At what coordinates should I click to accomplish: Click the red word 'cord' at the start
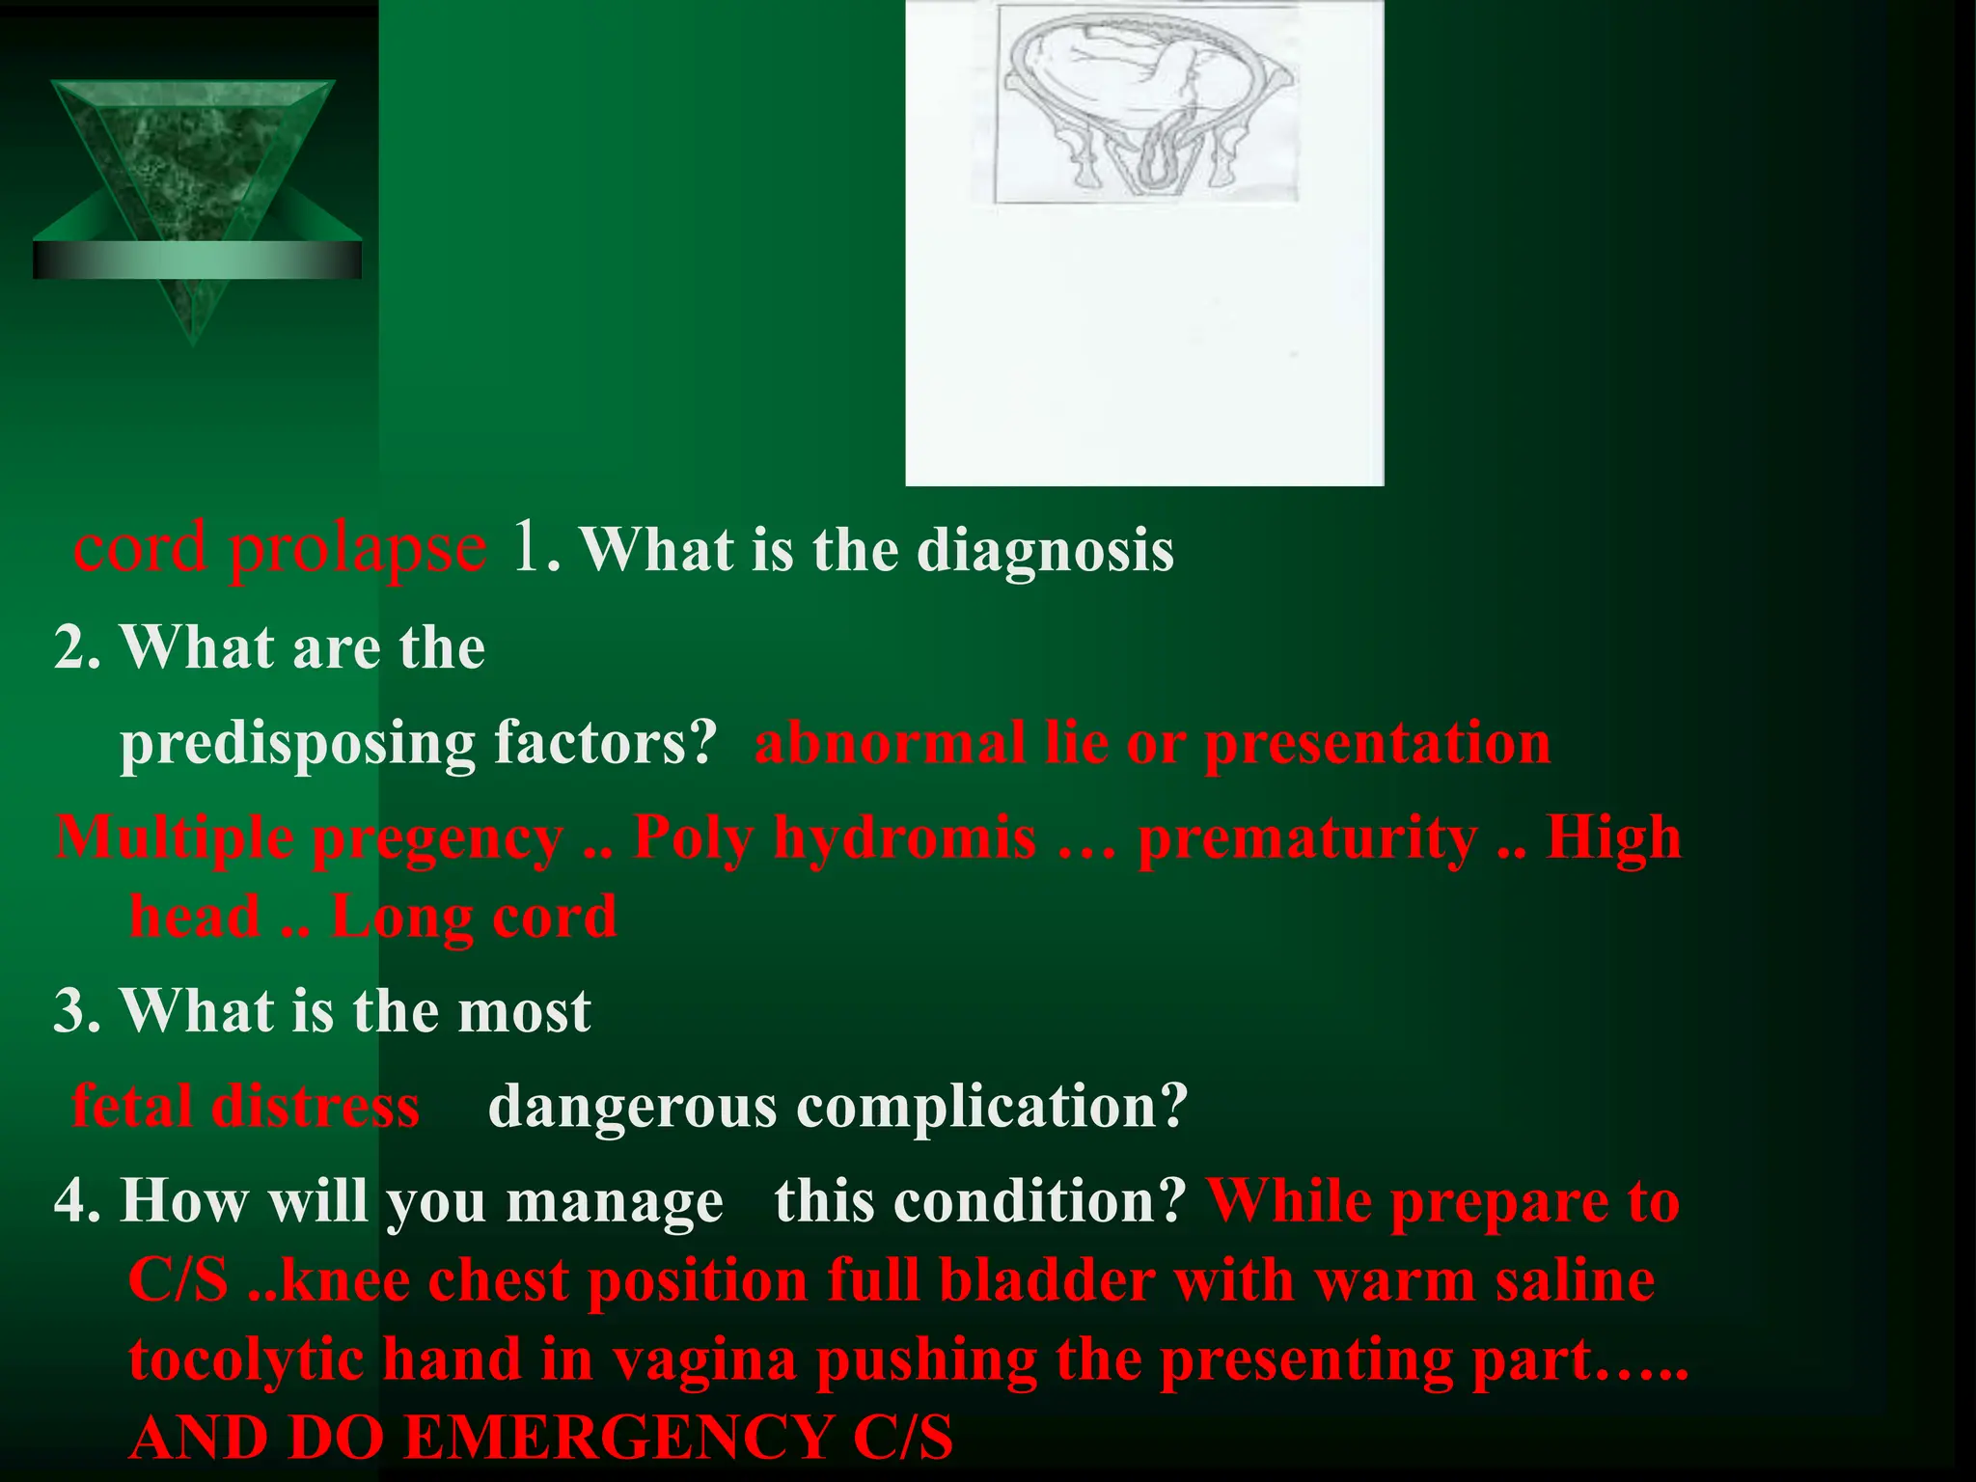[x=140, y=548]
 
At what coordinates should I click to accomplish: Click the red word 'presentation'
[x=1378, y=745]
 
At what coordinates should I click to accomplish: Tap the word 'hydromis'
[x=905, y=837]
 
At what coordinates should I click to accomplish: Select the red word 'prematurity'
[x=1307, y=837]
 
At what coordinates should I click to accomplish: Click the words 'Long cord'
[x=474, y=916]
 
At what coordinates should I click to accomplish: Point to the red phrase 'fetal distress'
[x=246, y=1106]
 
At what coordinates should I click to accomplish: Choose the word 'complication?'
[x=992, y=1106]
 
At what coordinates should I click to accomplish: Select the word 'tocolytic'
[x=246, y=1360]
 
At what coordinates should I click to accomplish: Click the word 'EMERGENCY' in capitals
[x=618, y=1438]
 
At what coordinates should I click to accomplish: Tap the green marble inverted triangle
[x=193, y=174]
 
